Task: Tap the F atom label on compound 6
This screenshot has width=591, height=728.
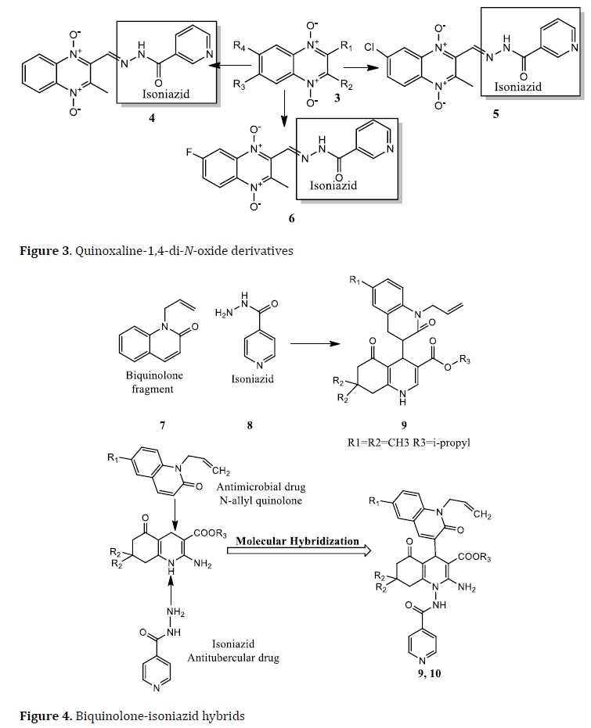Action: pyautogui.click(x=189, y=152)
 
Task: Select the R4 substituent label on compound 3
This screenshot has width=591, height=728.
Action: pyautogui.click(x=240, y=46)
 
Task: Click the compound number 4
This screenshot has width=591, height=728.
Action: pyautogui.click(x=152, y=117)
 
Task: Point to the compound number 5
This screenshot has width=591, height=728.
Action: pyautogui.click(x=496, y=113)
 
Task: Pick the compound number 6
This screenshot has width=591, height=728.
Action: pyautogui.click(x=291, y=217)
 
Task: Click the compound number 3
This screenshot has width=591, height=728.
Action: pyautogui.click(x=337, y=98)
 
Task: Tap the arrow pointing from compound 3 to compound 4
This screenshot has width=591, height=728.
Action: pyautogui.click(x=231, y=67)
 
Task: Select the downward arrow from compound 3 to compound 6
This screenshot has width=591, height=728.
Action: pyautogui.click(x=283, y=109)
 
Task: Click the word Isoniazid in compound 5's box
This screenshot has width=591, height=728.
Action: pyautogui.click(x=517, y=86)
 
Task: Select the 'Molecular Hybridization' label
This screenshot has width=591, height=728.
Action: pyautogui.click(x=297, y=541)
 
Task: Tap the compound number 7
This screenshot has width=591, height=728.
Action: pyautogui.click(x=162, y=425)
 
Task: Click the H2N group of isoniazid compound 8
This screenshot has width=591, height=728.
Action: pyautogui.click(x=224, y=313)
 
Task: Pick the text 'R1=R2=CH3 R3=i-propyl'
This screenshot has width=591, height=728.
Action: pyautogui.click(x=409, y=442)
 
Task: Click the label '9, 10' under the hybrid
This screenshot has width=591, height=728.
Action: pyautogui.click(x=429, y=673)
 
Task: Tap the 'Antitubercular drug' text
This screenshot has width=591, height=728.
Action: pyautogui.click(x=233, y=658)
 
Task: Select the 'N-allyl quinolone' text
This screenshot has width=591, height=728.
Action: pyautogui.click(x=261, y=500)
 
